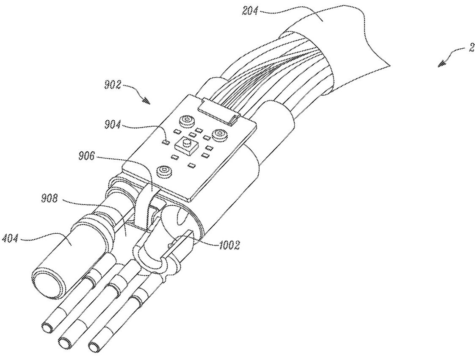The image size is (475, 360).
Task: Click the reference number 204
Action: pyautogui.click(x=250, y=11)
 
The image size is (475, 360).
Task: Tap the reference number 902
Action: pyautogui.click(x=112, y=85)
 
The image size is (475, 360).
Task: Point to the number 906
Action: pyautogui.click(x=87, y=157)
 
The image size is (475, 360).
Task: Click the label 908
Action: pyautogui.click(x=50, y=200)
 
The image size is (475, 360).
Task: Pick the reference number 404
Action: pyautogui.click(x=11, y=240)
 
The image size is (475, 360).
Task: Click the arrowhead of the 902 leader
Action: pyautogui.click(x=147, y=101)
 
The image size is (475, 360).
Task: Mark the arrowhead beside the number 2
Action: pyautogui.click(x=442, y=64)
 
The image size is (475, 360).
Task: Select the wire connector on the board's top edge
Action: pyautogui.click(x=219, y=111)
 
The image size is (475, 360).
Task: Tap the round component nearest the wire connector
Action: pyautogui.click(x=186, y=121)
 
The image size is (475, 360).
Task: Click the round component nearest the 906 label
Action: pyautogui.click(x=165, y=171)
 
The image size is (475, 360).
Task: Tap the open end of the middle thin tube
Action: pyautogui.click(x=64, y=343)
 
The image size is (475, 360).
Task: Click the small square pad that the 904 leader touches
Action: pyautogui.click(x=166, y=141)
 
